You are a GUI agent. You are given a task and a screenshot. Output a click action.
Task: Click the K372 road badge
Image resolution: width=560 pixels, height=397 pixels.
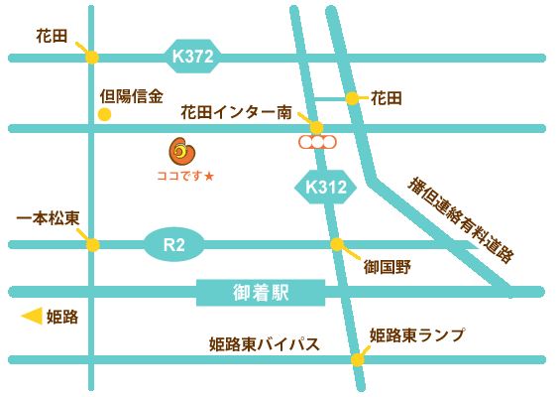click(193, 57)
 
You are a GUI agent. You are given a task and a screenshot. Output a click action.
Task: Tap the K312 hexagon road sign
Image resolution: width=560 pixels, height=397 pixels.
click(324, 186)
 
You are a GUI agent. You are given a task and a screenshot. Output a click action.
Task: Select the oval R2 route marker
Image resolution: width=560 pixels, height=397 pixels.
click(173, 243)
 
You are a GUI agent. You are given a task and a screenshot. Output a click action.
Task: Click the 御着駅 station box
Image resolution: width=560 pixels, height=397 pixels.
click(261, 292)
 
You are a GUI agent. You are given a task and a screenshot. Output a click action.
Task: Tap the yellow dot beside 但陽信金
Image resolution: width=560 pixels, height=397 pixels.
click(104, 114)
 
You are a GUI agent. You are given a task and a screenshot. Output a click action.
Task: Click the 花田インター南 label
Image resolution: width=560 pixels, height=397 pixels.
click(236, 113)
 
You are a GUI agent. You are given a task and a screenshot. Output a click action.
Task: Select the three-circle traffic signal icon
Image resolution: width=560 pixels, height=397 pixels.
click(317, 142)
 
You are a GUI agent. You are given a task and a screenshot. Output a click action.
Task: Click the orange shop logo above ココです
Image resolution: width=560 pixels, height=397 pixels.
click(183, 151)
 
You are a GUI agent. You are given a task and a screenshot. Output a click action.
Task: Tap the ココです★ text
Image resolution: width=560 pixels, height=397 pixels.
click(185, 176)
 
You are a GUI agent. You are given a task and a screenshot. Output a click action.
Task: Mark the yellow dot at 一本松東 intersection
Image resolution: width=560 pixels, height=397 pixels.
click(92, 244)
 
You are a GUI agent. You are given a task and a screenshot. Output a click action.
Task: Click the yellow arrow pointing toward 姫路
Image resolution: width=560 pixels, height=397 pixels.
click(32, 317)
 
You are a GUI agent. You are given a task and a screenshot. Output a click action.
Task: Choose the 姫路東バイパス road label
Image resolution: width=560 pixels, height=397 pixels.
click(265, 343)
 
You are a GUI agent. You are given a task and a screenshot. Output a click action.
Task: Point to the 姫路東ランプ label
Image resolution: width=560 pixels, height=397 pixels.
click(416, 334)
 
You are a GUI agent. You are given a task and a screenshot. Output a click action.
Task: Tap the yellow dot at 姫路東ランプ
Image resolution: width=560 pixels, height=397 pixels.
click(357, 359)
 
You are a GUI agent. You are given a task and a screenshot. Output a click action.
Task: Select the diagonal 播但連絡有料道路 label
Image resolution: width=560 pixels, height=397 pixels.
click(461, 220)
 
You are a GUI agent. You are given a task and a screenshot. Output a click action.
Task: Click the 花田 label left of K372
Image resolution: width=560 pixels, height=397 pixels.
click(52, 36)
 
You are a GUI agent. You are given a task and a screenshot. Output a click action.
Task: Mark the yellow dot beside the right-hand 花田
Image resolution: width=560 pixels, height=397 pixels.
click(352, 98)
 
